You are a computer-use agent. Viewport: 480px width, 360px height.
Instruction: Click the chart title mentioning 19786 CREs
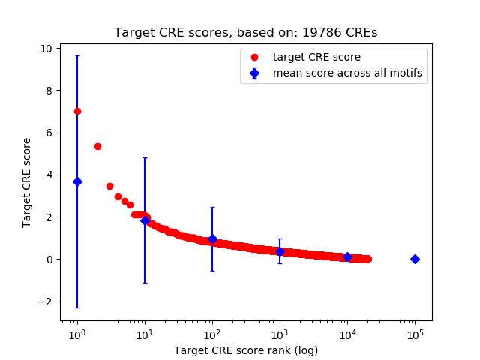point(246,33)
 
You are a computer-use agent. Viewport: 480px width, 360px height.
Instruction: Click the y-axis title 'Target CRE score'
point(27,182)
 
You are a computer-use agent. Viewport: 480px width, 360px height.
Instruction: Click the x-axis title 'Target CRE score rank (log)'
point(246,350)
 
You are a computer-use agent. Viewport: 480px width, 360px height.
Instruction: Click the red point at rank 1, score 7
point(77,111)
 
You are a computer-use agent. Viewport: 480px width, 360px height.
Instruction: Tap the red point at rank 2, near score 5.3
point(97,146)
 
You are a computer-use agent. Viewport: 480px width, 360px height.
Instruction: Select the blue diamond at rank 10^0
point(77,181)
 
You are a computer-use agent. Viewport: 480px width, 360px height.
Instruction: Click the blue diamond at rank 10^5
point(415,259)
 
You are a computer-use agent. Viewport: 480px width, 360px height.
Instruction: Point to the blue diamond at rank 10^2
point(212,238)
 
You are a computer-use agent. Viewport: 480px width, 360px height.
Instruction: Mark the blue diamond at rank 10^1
point(145,220)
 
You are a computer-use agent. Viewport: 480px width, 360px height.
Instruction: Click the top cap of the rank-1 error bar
point(77,56)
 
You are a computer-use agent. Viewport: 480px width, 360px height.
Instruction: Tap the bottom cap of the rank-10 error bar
point(145,283)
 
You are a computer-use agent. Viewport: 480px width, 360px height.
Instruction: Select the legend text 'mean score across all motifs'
point(347,73)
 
